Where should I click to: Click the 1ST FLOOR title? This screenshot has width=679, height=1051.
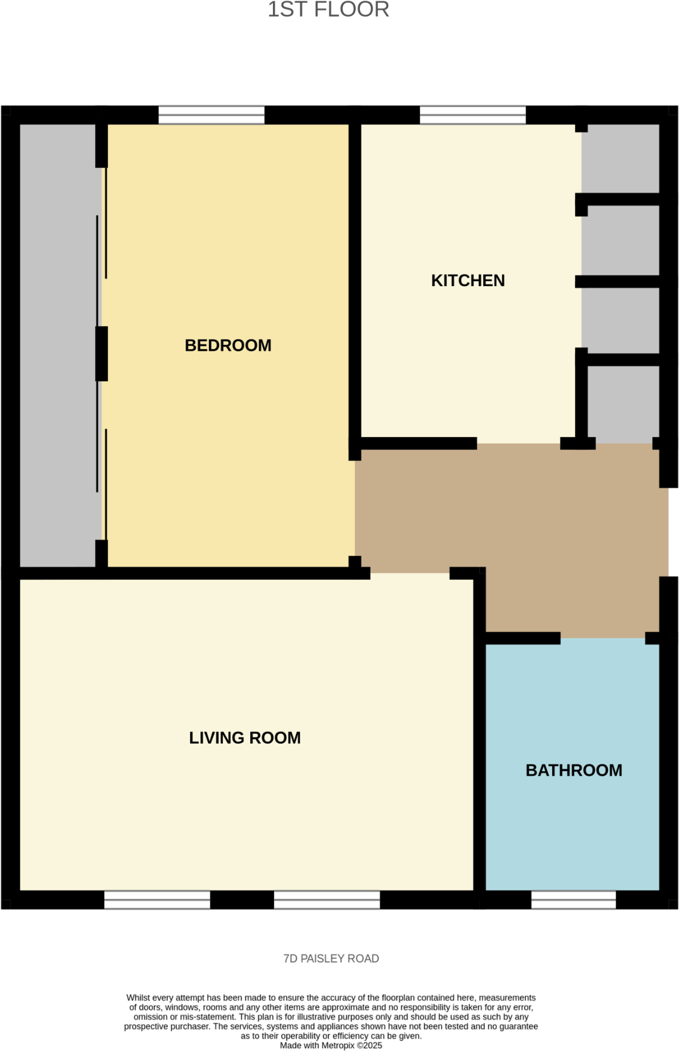pyautogui.click(x=328, y=10)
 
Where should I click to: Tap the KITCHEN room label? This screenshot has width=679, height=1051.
pyautogui.click(x=468, y=280)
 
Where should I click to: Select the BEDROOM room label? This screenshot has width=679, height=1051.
pyautogui.click(x=228, y=346)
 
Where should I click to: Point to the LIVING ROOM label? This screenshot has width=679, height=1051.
pyautogui.click(x=244, y=738)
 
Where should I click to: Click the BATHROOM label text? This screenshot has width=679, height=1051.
pyautogui.click(x=573, y=771)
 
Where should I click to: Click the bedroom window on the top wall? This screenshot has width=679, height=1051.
pyautogui.click(x=211, y=115)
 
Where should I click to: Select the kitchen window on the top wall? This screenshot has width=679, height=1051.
pyautogui.click(x=472, y=115)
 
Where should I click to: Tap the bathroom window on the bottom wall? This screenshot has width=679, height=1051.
pyautogui.click(x=573, y=900)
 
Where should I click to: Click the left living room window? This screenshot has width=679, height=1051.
pyautogui.click(x=157, y=900)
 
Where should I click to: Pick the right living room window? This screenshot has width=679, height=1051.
pyautogui.click(x=327, y=900)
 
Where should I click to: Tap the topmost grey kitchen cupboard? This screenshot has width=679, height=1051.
pyautogui.click(x=620, y=158)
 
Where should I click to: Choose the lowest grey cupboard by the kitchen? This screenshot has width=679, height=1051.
pyautogui.click(x=623, y=403)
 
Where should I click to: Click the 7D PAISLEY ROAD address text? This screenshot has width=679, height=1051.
pyautogui.click(x=331, y=958)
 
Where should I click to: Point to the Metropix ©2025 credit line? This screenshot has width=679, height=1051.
pyautogui.click(x=331, y=1045)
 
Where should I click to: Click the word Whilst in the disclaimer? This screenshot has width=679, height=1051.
pyautogui.click(x=138, y=997)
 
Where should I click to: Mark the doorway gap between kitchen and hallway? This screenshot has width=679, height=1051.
pyautogui.click(x=518, y=444)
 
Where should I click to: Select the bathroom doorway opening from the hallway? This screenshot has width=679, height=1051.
pyautogui.click(x=602, y=639)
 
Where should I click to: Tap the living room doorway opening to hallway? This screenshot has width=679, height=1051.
pyautogui.click(x=409, y=573)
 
